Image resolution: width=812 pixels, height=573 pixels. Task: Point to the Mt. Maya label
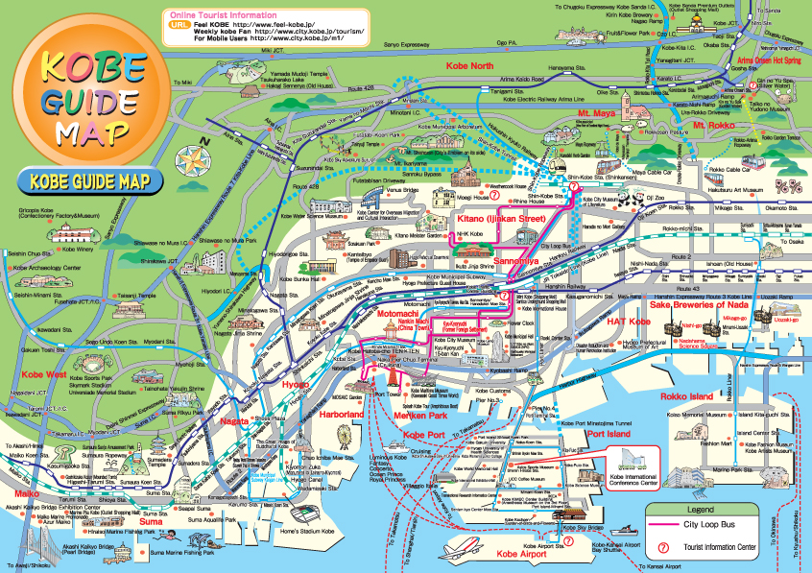click(x=595, y=113)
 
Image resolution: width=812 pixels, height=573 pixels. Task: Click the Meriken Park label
click(x=422, y=416)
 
